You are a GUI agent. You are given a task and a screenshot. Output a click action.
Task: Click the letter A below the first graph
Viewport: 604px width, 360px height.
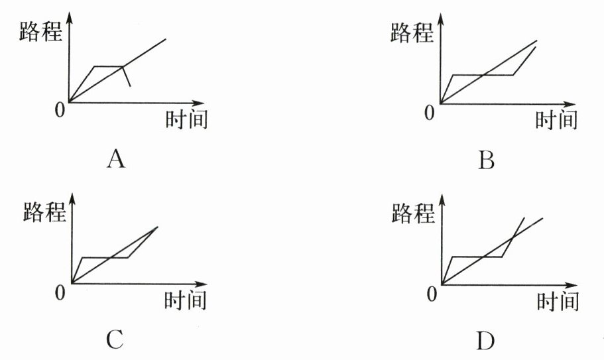[x=116, y=159]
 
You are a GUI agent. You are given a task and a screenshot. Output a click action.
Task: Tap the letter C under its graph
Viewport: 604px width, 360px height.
[x=114, y=339]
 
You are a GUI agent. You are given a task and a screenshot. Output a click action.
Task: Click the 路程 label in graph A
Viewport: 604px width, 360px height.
[x=40, y=30]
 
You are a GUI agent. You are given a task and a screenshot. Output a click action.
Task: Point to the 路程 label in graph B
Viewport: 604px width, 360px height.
[x=412, y=31]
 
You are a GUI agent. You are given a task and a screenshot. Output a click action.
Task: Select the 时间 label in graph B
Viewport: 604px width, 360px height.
[x=556, y=120]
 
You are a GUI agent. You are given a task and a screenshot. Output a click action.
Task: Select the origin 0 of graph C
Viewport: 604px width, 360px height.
[x=61, y=292]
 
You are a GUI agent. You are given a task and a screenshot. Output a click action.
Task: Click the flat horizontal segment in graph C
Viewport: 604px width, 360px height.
[x=104, y=257]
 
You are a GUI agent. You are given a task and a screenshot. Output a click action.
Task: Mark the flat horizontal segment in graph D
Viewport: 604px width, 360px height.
[x=476, y=257]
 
